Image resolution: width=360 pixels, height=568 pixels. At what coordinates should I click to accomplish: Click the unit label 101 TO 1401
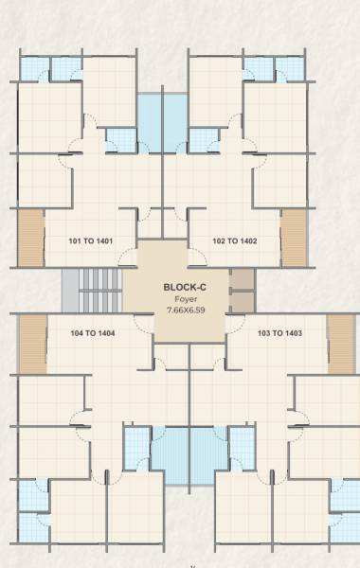92,241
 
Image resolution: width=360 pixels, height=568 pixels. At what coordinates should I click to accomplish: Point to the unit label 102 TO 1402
234,241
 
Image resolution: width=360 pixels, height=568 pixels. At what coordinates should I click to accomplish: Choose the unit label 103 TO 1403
279,333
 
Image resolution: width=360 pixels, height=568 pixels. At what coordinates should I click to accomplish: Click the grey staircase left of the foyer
94,288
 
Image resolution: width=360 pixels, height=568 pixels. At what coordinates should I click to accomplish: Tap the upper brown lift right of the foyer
243,278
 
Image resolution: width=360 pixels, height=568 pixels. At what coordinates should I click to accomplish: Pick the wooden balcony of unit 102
294,237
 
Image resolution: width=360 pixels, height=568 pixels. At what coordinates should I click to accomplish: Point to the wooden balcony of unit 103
340,343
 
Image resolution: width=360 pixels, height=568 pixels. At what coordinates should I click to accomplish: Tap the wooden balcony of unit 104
32,343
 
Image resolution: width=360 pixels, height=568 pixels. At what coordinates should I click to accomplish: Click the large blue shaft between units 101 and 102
162,122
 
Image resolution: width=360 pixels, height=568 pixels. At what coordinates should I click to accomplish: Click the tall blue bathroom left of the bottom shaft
137,453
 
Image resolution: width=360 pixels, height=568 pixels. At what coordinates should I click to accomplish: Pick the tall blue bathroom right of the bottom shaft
242,453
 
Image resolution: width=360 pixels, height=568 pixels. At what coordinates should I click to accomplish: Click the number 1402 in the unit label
247,241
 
